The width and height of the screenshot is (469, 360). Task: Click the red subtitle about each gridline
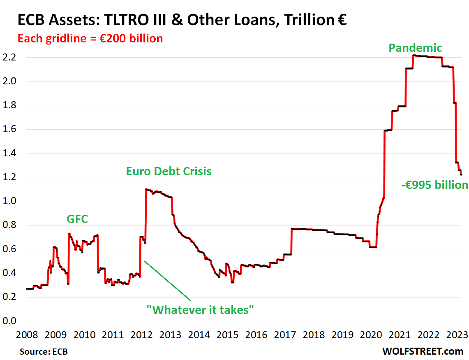[90, 39]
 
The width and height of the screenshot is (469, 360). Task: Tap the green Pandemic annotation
[415, 48]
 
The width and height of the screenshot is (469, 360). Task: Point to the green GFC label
[77, 219]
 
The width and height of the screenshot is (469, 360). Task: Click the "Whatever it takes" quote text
[201, 310]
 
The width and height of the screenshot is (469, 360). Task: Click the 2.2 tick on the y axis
[9, 57]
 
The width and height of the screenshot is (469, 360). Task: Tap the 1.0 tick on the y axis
[9, 201]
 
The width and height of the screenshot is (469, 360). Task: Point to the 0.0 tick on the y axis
[9, 321]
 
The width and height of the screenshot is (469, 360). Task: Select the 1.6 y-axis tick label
[9, 129]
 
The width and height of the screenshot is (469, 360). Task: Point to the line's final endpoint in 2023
[461, 175]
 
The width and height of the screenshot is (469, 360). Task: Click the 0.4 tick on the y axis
[9, 273]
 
